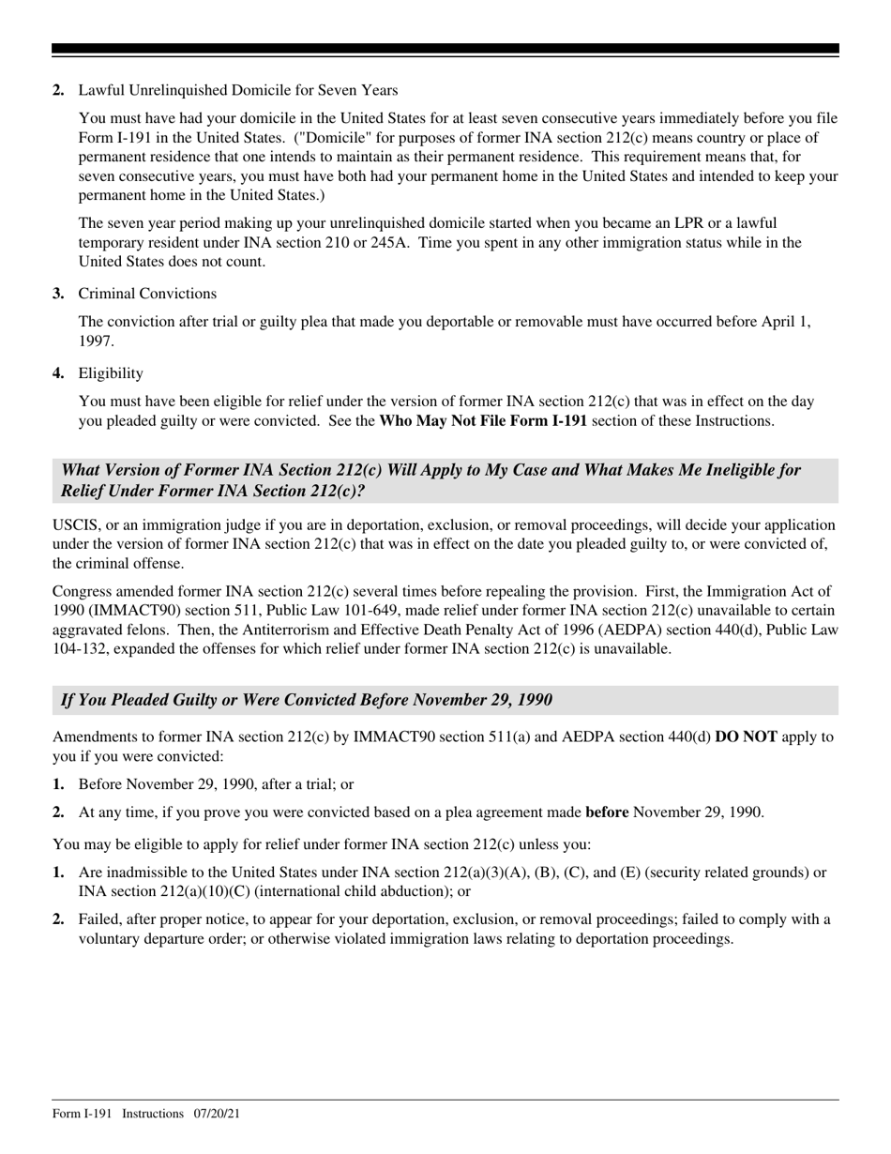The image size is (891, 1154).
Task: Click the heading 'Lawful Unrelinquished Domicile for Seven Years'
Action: pos(237,90)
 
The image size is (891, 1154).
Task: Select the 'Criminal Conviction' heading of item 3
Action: pos(146,294)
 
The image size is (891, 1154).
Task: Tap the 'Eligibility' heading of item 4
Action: pos(111,373)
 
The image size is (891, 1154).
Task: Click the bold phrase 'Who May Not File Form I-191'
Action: pos(482,421)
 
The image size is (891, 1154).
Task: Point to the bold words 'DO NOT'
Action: pos(746,737)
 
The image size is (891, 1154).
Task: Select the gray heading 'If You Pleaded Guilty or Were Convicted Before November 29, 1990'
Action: pos(306,700)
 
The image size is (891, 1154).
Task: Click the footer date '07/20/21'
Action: pos(217,1114)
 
